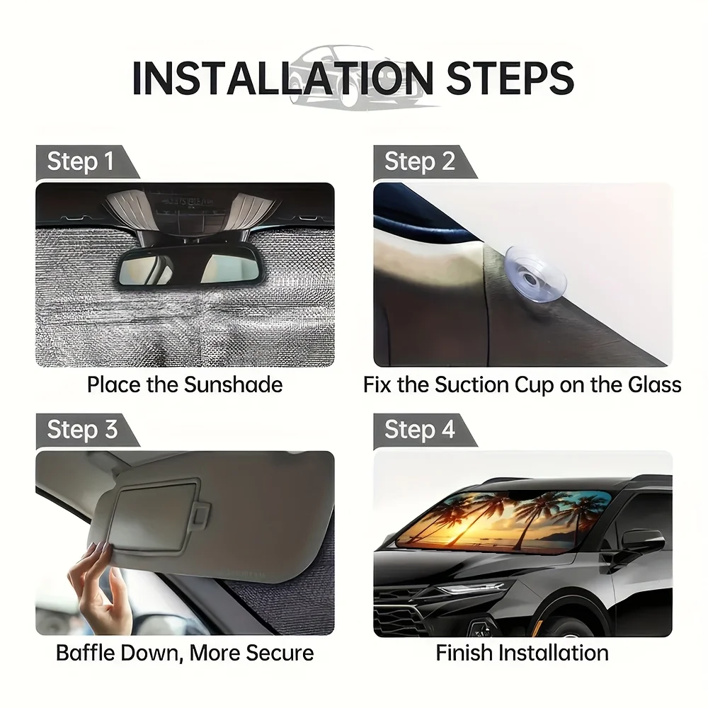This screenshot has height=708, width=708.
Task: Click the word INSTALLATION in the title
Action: click(283, 78)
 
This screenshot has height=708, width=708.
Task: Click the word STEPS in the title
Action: click(510, 78)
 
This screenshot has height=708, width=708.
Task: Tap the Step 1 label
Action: click(81, 161)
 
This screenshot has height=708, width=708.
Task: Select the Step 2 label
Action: click(419, 161)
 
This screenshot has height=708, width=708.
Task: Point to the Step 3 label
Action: click(82, 429)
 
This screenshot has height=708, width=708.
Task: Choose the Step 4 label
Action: click(419, 429)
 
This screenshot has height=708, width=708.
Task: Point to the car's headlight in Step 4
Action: click(469, 588)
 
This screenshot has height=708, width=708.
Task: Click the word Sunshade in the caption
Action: click(233, 384)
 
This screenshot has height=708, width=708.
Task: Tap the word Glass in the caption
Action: click(654, 384)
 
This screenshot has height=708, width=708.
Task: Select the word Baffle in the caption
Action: click(85, 653)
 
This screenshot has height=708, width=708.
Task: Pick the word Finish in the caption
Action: click(464, 653)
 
